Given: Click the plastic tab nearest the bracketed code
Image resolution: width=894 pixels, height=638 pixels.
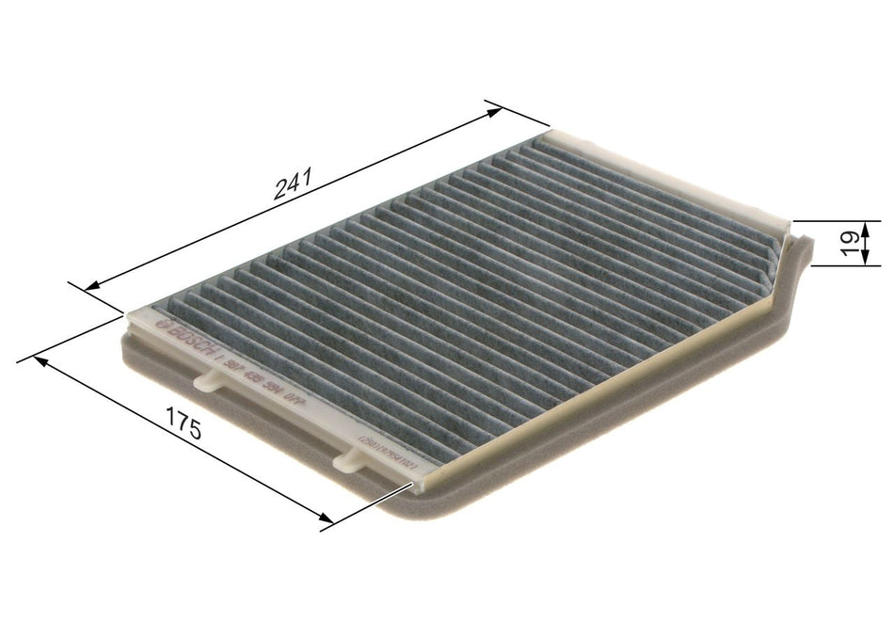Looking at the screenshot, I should coord(349,458).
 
